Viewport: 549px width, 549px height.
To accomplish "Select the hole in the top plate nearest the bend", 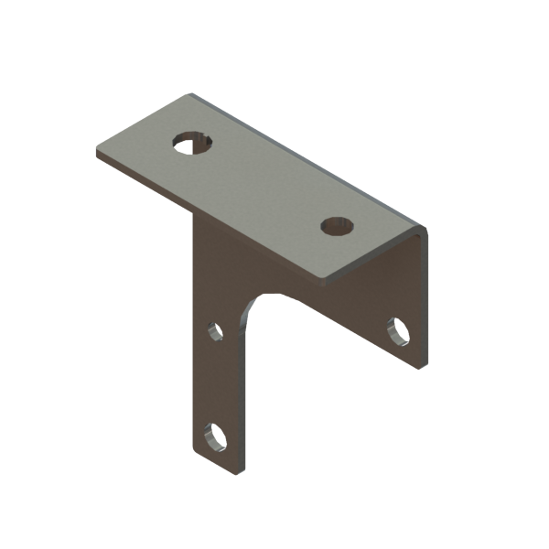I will coord(338,224).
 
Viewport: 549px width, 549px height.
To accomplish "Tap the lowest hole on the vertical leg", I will coord(219,436).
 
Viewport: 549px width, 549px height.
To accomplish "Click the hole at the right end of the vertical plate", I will coord(400,330).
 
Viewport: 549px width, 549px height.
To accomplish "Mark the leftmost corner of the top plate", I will coord(96,151).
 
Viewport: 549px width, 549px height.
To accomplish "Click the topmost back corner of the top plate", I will coord(191,92).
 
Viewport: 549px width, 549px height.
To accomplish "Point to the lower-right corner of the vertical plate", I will coord(423,364).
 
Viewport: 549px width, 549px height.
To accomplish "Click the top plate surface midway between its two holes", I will coord(265,183).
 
